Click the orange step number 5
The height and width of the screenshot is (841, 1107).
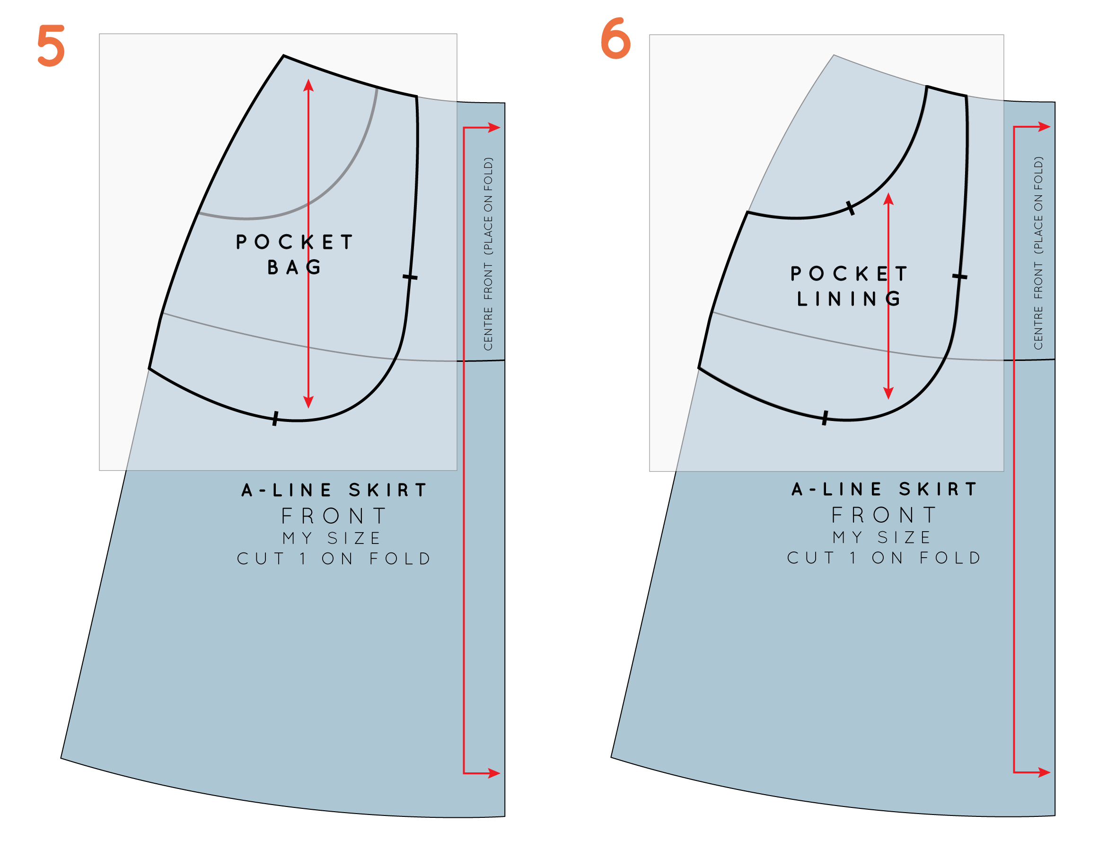coord(51,45)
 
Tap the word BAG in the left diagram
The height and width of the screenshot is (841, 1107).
coord(294,267)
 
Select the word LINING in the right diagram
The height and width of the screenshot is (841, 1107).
coord(849,299)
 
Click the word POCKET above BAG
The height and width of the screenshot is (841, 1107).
coord(295,242)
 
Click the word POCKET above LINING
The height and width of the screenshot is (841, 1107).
coord(849,274)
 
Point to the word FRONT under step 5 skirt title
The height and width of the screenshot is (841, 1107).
coord(334,516)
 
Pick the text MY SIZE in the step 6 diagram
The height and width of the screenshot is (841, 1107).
coord(882,538)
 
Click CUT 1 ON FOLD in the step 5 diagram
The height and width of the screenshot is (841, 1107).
coord(334,559)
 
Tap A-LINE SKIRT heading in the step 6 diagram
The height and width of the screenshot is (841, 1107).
coord(884,489)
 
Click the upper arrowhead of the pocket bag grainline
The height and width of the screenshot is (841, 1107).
coord(308,85)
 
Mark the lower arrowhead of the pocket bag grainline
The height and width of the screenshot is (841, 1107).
coord(308,402)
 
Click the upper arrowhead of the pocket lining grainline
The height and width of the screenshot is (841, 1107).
coord(888,199)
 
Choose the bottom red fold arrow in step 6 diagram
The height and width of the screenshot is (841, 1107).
coord(1044,772)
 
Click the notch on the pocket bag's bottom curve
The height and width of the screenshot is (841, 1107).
coord(275,419)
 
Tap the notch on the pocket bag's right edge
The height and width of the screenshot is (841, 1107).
coord(410,277)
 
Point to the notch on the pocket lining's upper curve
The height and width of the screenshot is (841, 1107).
coord(850,208)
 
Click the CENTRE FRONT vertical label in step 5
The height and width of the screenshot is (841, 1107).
coord(488,254)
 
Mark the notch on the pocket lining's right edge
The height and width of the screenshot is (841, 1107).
coord(960,276)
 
